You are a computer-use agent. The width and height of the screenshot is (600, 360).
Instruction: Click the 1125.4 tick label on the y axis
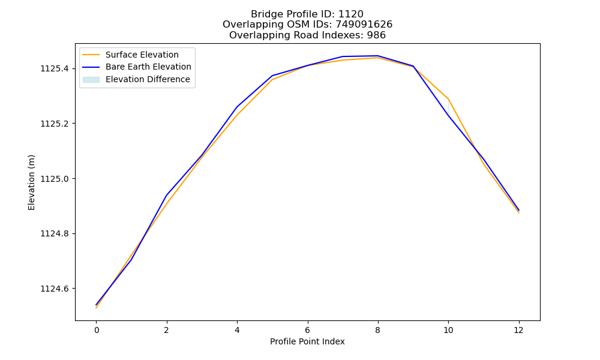[55, 69]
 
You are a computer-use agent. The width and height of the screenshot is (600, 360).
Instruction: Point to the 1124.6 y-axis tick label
[55, 289]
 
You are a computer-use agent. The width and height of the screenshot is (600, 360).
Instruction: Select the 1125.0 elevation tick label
[55, 179]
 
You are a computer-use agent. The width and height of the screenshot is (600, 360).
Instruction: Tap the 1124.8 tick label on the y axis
[55, 234]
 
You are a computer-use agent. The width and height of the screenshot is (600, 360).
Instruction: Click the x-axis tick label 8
[377, 330]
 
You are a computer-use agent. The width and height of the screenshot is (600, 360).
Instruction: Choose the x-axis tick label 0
[97, 330]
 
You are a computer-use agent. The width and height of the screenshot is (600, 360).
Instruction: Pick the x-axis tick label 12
[518, 330]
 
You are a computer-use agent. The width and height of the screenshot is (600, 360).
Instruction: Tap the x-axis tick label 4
[237, 330]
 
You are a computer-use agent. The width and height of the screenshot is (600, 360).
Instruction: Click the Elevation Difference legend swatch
[91, 80]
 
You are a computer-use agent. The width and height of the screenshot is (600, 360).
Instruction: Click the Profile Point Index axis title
[307, 341]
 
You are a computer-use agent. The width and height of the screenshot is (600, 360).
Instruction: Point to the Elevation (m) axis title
[31, 182]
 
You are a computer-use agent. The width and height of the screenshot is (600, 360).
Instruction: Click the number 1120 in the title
[351, 14]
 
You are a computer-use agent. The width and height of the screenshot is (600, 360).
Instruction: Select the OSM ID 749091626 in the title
[364, 25]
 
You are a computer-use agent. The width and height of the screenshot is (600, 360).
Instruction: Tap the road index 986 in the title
[376, 35]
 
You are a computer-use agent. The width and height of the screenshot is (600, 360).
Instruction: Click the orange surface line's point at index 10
[448, 99]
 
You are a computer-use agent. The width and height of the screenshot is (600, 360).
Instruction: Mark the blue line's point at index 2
[167, 195]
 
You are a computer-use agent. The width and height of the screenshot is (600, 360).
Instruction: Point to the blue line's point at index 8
[377, 56]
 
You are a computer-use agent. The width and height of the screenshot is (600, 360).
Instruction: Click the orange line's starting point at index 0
[97, 308]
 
